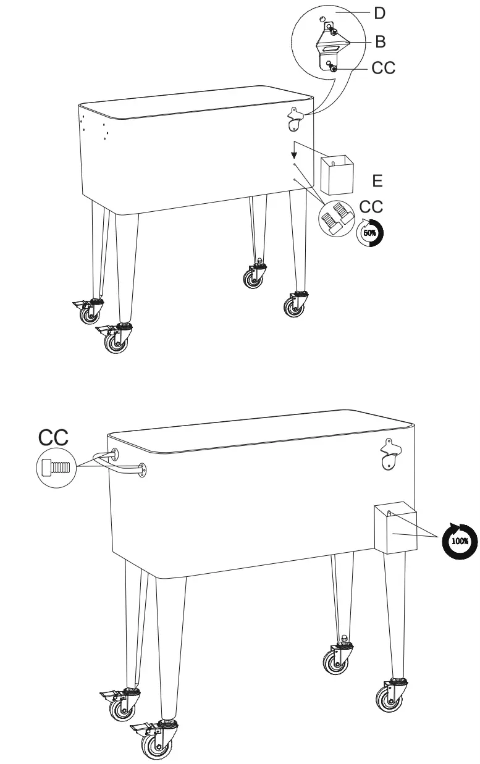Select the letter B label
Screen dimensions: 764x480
(x=381, y=42)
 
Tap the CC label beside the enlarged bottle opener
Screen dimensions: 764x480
(x=383, y=67)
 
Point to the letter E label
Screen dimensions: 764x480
(x=378, y=180)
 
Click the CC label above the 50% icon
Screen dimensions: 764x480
(x=371, y=207)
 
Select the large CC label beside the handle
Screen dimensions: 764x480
(x=54, y=438)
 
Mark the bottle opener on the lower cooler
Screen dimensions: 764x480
(x=390, y=454)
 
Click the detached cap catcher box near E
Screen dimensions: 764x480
(x=337, y=175)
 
